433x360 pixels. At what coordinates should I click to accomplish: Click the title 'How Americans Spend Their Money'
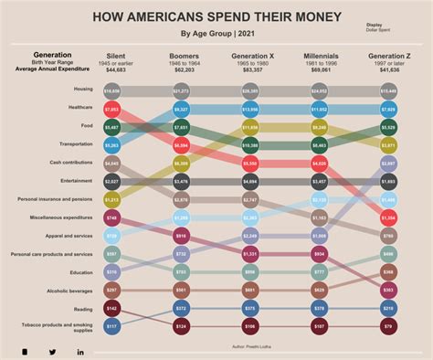[x=216, y=17]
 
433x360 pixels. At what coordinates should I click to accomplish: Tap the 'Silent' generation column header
[x=116, y=56]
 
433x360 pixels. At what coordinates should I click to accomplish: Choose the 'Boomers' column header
[x=184, y=56]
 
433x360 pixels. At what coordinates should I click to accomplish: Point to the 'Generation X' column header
[x=249, y=56]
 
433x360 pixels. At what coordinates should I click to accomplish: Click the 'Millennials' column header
[x=320, y=56]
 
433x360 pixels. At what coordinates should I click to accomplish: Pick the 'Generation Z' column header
[x=387, y=56]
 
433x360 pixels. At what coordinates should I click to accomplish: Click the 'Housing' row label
[x=83, y=90]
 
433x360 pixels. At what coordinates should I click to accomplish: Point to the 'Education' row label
[x=81, y=271]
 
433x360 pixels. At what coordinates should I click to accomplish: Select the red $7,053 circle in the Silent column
[x=111, y=110]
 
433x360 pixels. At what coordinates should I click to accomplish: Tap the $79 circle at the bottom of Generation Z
[x=388, y=326]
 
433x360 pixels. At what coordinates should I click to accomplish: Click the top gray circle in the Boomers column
[x=181, y=91]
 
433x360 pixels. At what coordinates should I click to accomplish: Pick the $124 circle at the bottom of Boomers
[x=181, y=326]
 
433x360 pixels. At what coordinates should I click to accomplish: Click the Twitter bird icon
[x=52, y=352]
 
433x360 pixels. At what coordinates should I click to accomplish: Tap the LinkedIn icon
[x=80, y=352]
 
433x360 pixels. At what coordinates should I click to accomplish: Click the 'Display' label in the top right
[x=375, y=25]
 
